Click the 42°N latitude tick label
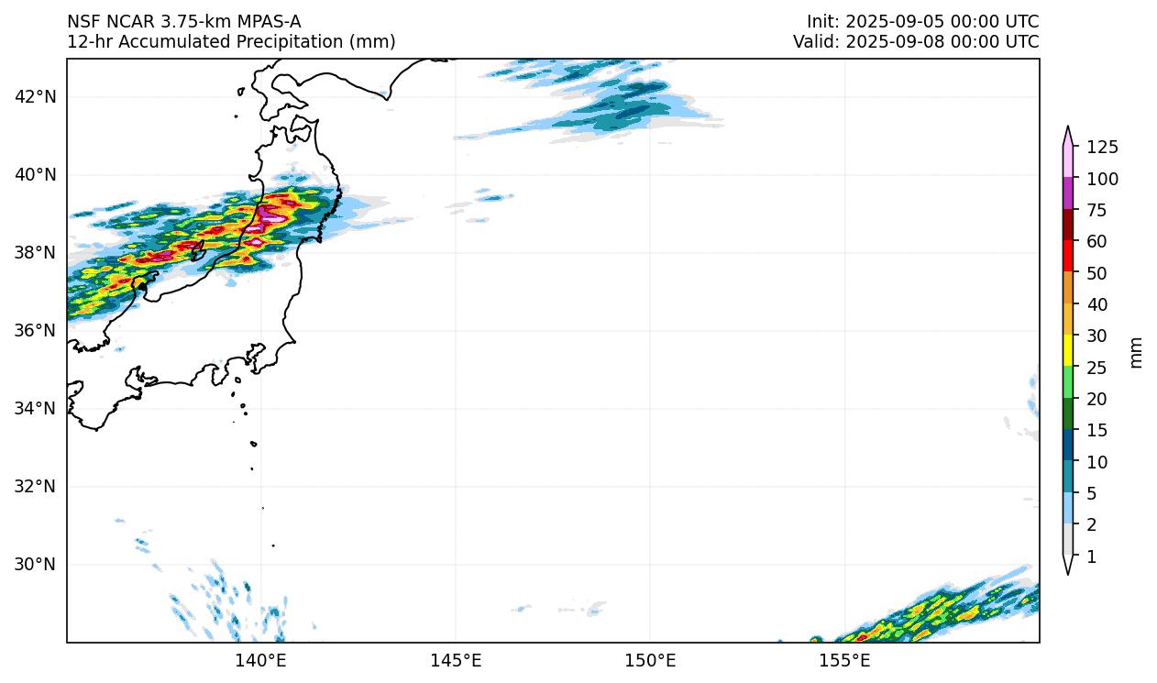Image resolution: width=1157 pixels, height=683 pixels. (x=37, y=96)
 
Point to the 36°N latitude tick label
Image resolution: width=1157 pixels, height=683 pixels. (x=37, y=330)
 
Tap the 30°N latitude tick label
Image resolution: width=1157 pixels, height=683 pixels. (x=37, y=564)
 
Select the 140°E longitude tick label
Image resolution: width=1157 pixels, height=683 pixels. (x=261, y=660)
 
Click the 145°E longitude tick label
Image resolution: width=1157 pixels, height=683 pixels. (x=456, y=660)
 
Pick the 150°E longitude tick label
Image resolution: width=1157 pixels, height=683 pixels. (x=650, y=660)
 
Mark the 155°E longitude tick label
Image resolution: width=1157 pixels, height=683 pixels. (x=844, y=660)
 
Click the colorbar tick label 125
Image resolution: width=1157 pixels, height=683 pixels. (x=1102, y=147)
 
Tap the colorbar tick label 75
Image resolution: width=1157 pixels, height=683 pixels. (x=1096, y=210)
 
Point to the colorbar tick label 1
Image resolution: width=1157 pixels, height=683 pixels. (x=1091, y=556)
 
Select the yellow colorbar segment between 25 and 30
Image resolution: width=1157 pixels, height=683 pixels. (x=1068, y=351)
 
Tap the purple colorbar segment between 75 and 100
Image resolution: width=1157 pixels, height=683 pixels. (x=1068, y=193)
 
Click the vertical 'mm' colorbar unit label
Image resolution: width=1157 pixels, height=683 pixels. (x=1137, y=352)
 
